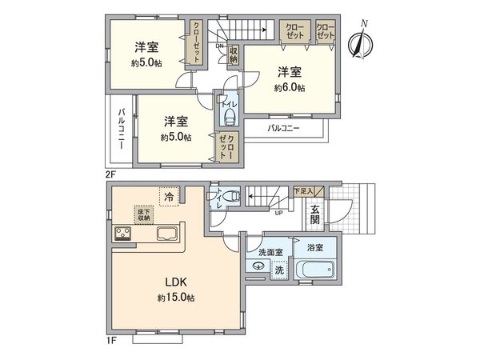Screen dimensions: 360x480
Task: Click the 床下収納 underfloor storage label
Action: tap(143, 214)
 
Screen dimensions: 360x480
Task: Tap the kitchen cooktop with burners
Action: tap(125, 234)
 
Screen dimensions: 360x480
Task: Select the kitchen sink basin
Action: tap(169, 235)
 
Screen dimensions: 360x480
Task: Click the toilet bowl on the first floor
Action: tap(229, 194)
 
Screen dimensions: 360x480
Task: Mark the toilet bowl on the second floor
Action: tap(230, 118)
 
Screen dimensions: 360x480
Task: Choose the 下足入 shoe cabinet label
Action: tap(303, 191)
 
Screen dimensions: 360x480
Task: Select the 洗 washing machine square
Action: tap(279, 270)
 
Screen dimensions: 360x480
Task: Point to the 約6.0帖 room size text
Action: tap(288, 87)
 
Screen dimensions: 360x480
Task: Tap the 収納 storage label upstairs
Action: tap(234, 56)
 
